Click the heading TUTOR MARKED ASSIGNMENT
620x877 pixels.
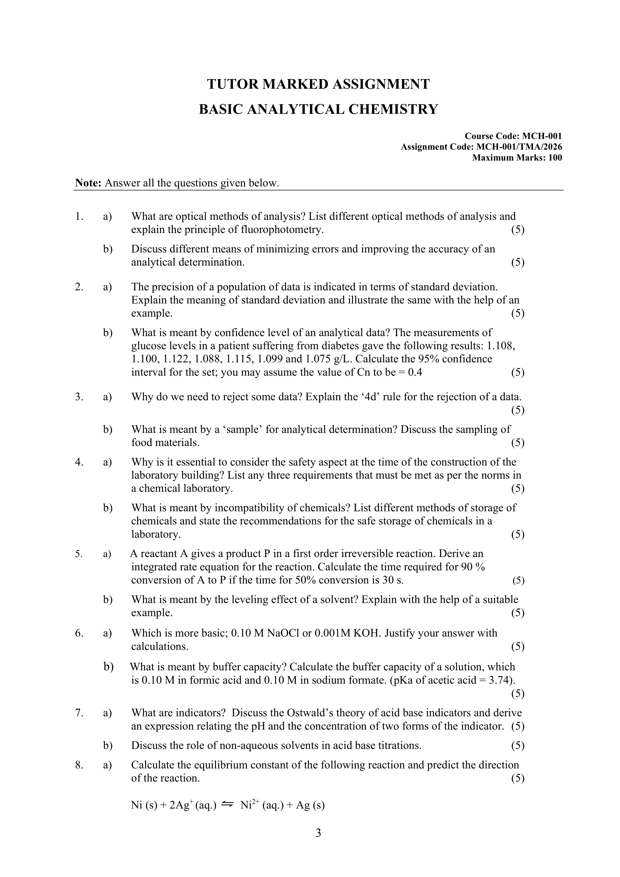point(318,84)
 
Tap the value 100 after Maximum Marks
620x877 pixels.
point(555,158)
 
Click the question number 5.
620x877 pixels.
point(79,554)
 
